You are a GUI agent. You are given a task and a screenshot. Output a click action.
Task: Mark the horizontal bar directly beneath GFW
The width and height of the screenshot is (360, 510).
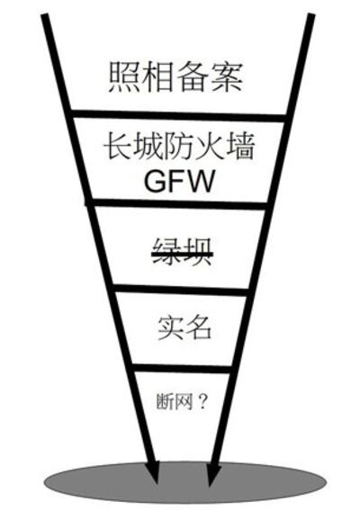click(x=180, y=205)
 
